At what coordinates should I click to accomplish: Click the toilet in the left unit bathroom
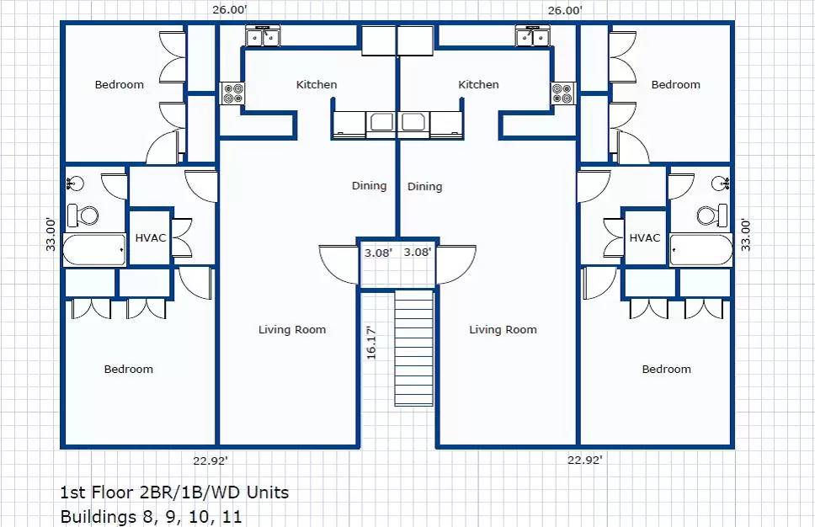click(83, 216)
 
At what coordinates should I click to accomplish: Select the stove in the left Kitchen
click(232, 93)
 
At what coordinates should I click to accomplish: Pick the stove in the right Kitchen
click(563, 93)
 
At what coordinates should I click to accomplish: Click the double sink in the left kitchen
click(263, 36)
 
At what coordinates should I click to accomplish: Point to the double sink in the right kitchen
click(533, 36)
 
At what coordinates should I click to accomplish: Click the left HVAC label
click(151, 238)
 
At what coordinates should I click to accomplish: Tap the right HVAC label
click(645, 238)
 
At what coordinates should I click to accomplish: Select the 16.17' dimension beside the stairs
click(371, 343)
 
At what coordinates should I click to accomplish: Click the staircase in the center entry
click(413, 348)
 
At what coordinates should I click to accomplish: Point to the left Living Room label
click(292, 329)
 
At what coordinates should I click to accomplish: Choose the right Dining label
click(424, 187)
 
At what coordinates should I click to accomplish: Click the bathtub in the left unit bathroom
click(94, 249)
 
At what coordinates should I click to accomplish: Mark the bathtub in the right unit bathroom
click(701, 249)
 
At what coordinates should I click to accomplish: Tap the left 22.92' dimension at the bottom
click(210, 460)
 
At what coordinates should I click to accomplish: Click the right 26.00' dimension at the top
click(565, 10)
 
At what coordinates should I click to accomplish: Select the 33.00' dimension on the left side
click(51, 234)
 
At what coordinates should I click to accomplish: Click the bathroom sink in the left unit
click(76, 184)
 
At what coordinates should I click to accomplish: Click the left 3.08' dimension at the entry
click(378, 253)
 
